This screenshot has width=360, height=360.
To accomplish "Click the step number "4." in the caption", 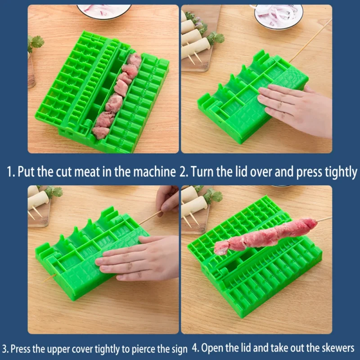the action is coord(196,348).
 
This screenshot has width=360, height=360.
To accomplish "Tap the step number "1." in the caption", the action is coord(11,172).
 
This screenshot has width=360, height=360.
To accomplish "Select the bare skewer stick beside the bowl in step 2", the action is coord(310,41).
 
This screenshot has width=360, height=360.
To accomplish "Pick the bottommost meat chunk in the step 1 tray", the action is coord(101,132).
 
